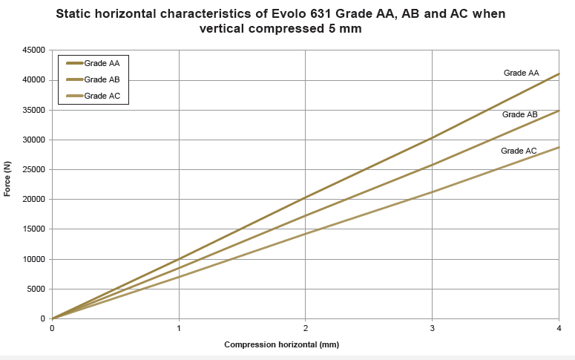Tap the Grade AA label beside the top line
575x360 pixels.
click(x=521, y=73)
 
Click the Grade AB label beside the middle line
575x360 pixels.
click(x=519, y=114)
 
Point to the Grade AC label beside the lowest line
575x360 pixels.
click(x=519, y=151)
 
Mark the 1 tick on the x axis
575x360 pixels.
click(x=179, y=327)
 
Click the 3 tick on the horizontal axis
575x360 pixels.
click(x=432, y=327)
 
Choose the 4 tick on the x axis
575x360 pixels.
click(x=559, y=327)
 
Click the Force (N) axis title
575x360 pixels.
click(x=8, y=179)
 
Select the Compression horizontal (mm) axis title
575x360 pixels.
click(x=281, y=345)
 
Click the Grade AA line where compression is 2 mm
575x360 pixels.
click(x=305, y=197)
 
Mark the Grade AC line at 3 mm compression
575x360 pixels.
click(x=432, y=192)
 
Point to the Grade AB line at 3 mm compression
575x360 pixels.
click(x=432, y=165)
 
